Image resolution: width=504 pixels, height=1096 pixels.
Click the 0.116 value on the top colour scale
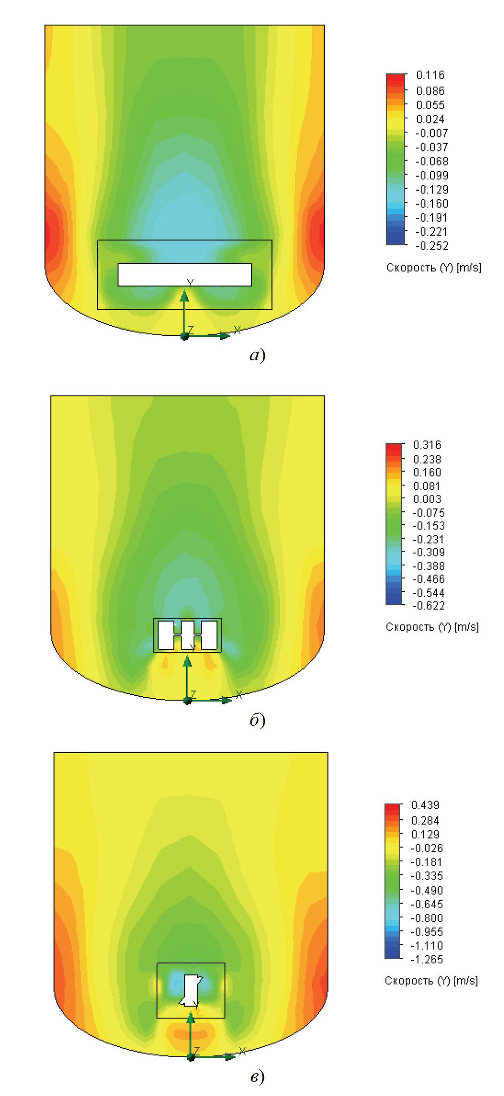[x=430, y=75]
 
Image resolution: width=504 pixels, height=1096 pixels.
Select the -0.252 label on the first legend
[x=432, y=246]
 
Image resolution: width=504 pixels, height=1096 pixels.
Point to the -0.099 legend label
[x=432, y=175]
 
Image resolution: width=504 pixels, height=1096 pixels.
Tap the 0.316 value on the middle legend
[x=427, y=445]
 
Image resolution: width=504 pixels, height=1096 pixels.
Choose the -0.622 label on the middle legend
[x=428, y=605]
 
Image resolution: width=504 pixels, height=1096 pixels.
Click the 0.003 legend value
[x=427, y=499]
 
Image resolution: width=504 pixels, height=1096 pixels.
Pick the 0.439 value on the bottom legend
[x=425, y=805]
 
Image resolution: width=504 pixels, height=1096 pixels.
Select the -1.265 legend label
[x=427, y=959]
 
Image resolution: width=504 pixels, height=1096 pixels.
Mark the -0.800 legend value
[x=427, y=918]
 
